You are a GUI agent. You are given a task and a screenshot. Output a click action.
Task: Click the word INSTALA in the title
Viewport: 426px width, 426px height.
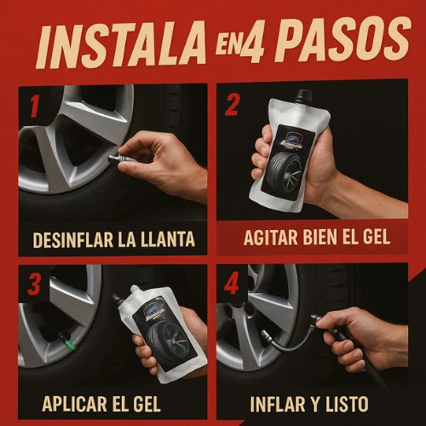point(121,45)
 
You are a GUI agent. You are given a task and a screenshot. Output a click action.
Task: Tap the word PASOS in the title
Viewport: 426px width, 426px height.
point(343,40)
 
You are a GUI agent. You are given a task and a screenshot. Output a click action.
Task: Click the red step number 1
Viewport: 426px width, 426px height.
point(34,106)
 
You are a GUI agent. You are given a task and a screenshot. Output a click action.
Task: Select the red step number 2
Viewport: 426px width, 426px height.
point(233,104)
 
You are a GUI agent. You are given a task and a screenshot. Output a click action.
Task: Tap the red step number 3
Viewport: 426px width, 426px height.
point(34,285)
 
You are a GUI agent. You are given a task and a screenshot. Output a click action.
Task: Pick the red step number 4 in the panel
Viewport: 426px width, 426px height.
point(231,284)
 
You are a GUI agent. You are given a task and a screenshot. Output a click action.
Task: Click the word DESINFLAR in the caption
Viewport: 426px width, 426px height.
point(73,239)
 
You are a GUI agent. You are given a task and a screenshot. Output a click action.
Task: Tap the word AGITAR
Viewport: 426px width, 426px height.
point(272,237)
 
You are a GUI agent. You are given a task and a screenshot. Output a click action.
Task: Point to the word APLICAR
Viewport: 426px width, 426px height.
point(73,404)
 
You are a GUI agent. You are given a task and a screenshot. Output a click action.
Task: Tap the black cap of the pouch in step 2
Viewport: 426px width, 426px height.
point(303,96)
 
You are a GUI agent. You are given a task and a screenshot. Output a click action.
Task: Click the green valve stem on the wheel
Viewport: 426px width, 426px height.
point(70,343)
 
